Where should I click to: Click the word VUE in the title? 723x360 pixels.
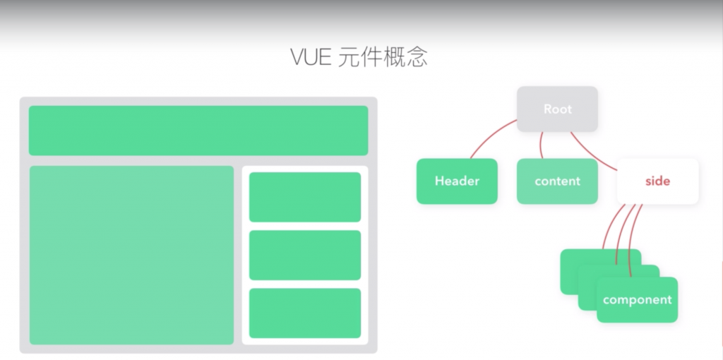311,57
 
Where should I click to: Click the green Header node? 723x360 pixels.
457,181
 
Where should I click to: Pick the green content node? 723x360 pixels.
557,181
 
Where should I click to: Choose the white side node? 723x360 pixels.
657,181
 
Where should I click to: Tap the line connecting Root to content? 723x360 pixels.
542,145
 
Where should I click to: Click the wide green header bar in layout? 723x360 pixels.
198,131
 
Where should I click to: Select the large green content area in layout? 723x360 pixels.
131,255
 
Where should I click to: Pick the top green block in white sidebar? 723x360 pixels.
305,197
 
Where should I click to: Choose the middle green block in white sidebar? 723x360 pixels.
305,255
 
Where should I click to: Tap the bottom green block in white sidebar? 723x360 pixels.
305,313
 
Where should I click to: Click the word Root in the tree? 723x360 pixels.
558,109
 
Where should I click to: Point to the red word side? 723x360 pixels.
657,181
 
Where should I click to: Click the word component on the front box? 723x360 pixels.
637,300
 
